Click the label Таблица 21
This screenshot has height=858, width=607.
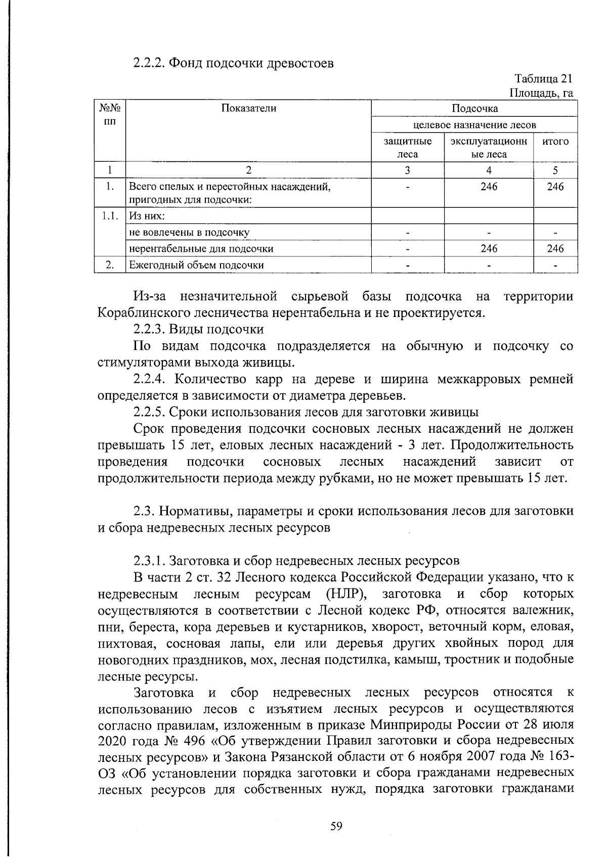pos(543,79)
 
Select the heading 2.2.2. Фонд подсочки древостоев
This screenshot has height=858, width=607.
pos(233,64)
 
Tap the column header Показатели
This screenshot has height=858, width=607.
pos(248,108)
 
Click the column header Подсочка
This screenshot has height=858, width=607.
pos(474,108)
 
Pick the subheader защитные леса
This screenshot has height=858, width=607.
pos(408,148)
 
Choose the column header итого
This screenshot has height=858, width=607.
pos(555,142)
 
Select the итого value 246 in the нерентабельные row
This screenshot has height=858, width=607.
pos(555,248)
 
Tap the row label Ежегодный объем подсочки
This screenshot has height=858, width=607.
pos(196,265)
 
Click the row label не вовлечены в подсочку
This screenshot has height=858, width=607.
pos(189,233)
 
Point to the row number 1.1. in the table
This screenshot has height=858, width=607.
pos(110,216)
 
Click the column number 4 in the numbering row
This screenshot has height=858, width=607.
pos(489,170)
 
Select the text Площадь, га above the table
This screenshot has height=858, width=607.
pos(541,94)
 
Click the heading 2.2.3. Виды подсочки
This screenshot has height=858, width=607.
pos(198,330)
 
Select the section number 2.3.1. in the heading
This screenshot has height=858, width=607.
pos(149,561)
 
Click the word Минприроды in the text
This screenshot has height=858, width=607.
pos(412,725)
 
